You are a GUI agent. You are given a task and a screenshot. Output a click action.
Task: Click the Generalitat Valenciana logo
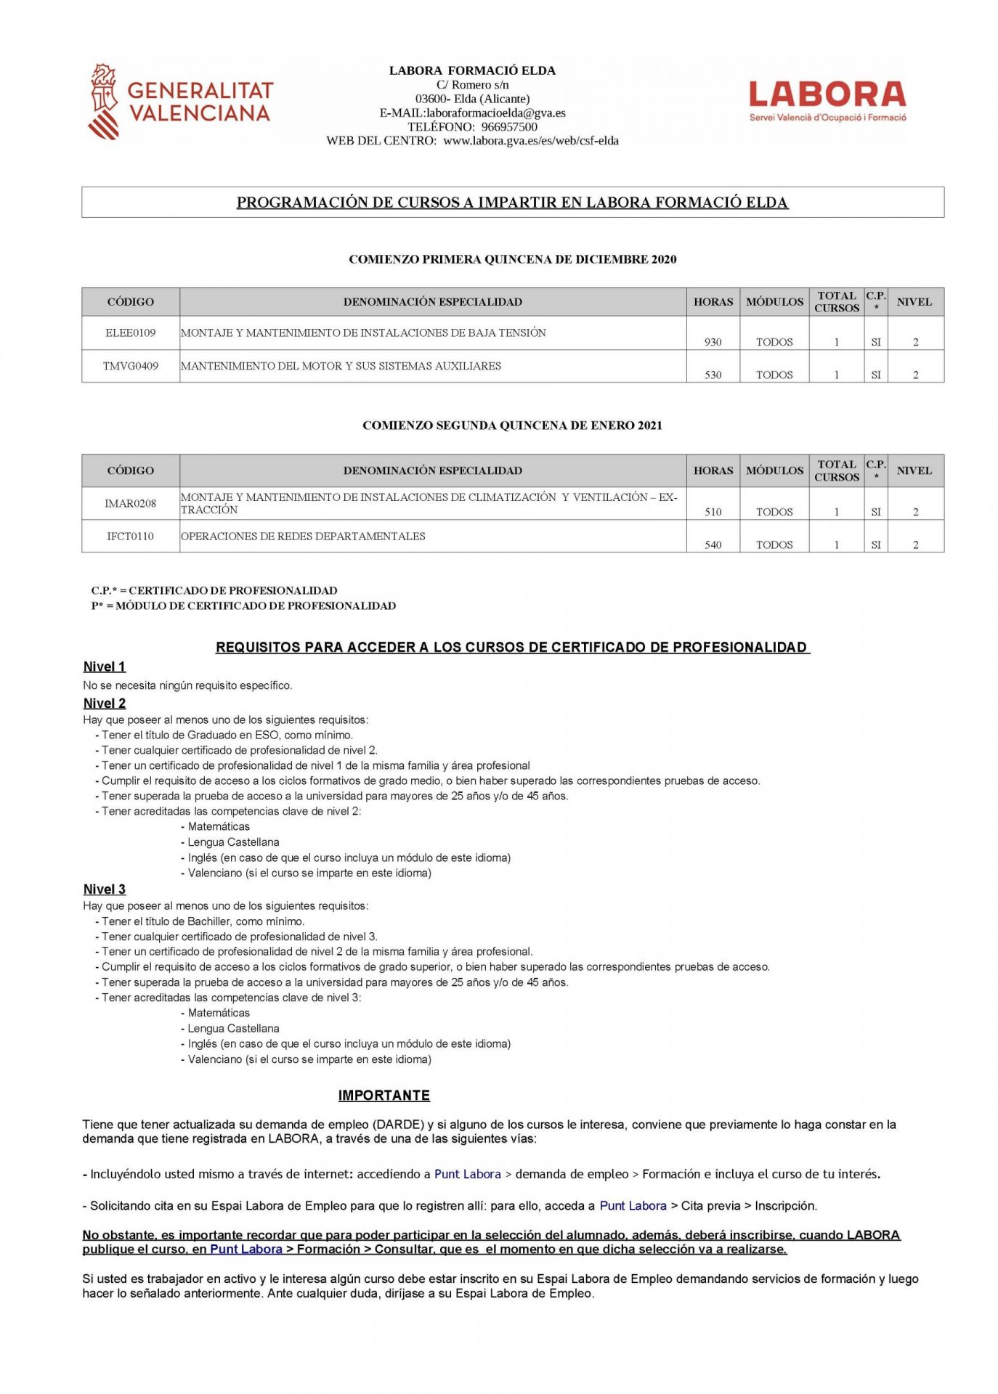(179, 102)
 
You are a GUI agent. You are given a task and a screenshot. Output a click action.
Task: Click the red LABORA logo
(827, 100)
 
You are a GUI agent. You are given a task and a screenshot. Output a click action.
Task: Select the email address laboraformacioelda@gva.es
(496, 113)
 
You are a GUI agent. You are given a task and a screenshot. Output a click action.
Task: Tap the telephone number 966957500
(509, 126)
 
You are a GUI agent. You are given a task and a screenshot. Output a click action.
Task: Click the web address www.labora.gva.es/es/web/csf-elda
(531, 140)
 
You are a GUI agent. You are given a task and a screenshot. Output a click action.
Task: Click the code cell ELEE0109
(131, 333)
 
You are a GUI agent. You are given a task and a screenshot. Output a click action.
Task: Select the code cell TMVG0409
(131, 366)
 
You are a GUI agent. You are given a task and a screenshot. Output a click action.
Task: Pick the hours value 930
(713, 342)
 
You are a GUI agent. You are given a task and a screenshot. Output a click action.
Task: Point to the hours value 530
(713, 375)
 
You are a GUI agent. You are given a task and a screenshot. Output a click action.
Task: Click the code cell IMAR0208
(131, 503)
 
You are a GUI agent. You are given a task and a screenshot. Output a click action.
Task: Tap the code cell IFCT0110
(131, 536)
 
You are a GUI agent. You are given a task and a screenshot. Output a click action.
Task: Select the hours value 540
(713, 545)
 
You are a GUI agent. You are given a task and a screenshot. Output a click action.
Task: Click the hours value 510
(713, 512)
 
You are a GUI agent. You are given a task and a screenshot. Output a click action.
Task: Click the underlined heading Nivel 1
(105, 667)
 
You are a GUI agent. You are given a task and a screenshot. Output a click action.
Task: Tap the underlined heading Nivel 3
(105, 889)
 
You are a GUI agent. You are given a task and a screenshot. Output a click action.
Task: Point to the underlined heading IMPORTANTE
(384, 1095)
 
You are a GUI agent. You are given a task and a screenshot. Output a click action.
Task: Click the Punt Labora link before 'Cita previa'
(633, 1205)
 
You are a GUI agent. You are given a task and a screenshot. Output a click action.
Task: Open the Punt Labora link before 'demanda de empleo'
(468, 1173)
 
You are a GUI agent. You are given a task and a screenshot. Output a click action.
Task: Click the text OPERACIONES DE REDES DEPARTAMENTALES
(303, 536)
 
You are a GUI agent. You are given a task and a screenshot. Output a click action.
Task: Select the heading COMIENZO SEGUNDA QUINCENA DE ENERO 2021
(512, 425)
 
